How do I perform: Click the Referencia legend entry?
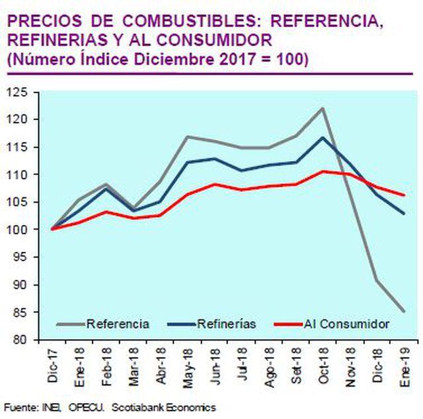point(118,324)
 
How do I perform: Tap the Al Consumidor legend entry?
point(346,324)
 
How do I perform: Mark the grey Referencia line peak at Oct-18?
point(323,108)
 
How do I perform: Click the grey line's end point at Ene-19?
point(404,311)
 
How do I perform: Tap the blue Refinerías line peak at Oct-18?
point(323,137)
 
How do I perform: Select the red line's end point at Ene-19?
point(404,195)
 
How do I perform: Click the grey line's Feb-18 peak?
point(106,184)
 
